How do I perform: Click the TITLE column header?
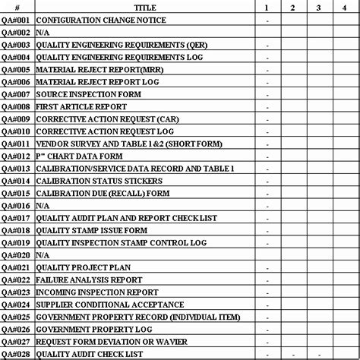pos(145,7)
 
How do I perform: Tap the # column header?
pos(16,7)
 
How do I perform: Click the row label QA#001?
pos(16,21)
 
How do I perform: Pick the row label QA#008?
pos(16,107)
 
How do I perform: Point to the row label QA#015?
pos(16,193)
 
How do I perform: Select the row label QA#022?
pos(16,279)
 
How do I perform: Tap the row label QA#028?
pos(16,354)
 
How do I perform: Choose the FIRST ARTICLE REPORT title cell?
pos(82,107)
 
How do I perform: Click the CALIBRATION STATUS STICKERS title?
pos(99,181)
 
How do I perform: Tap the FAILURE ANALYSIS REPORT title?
pos(89,279)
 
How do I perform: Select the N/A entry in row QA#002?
pos(43,33)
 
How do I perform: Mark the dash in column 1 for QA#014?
pos(268,181)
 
